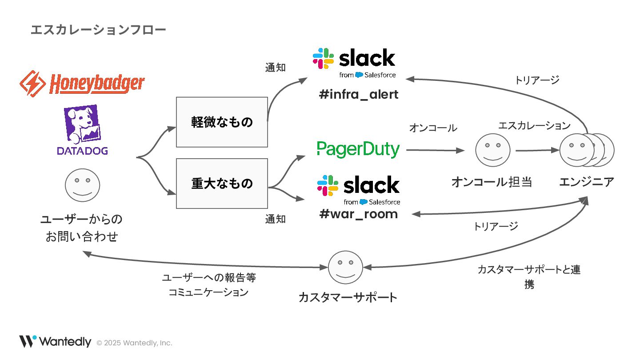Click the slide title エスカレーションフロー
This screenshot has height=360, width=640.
pyautogui.click(x=98, y=30)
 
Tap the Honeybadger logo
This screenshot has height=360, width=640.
pyautogui.click(x=83, y=83)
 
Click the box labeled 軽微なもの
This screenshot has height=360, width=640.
pyautogui.click(x=222, y=122)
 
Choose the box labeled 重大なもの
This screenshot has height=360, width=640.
pyautogui.click(x=222, y=183)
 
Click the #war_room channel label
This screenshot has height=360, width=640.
pyautogui.click(x=358, y=214)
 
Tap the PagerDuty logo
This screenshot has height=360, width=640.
pyautogui.click(x=358, y=149)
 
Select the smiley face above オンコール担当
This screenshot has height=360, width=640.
pyautogui.click(x=492, y=150)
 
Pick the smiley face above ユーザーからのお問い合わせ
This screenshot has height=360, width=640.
pyautogui.click(x=83, y=185)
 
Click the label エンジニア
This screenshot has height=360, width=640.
pyautogui.click(x=587, y=182)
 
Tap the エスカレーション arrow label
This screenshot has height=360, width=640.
pyautogui.click(x=534, y=126)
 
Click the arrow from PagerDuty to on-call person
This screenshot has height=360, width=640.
pyautogui.click(x=435, y=150)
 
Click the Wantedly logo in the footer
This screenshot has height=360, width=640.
pyautogui.click(x=55, y=342)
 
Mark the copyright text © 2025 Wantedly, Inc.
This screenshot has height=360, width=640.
pyautogui.click(x=134, y=343)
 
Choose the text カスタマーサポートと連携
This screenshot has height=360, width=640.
pyautogui.click(x=529, y=277)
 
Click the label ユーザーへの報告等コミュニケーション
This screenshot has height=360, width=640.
pyautogui.click(x=209, y=285)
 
